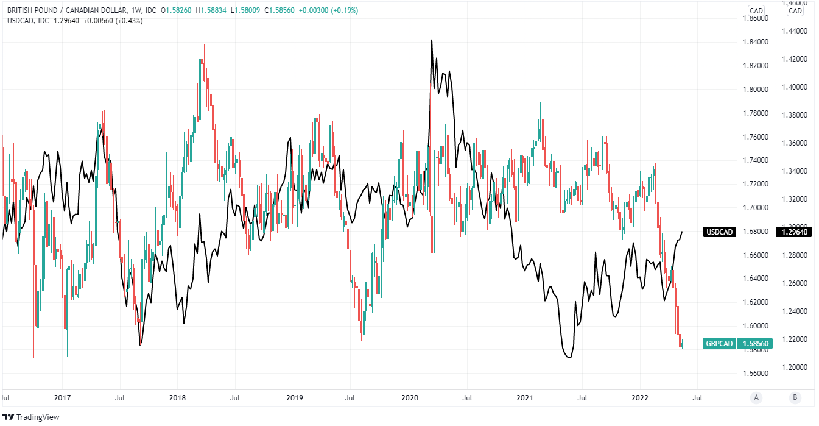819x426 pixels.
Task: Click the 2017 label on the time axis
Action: tap(62, 398)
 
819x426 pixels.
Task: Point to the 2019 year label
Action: tap(294, 398)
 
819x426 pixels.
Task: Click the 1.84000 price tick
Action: tap(756, 42)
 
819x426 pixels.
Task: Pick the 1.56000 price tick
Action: tap(756, 373)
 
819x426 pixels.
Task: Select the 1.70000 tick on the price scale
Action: tap(756, 208)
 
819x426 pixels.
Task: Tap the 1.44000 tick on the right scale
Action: tap(794, 31)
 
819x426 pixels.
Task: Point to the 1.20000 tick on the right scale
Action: tap(794, 367)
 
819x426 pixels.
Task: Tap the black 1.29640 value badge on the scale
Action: tap(756, 232)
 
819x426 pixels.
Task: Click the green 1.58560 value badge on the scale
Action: tap(756, 344)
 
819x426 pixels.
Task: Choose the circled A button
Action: tap(756, 398)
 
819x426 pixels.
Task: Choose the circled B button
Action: tap(794, 398)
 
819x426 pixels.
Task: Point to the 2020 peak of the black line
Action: tap(432, 40)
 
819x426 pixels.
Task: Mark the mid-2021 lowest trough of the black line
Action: tap(569, 358)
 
